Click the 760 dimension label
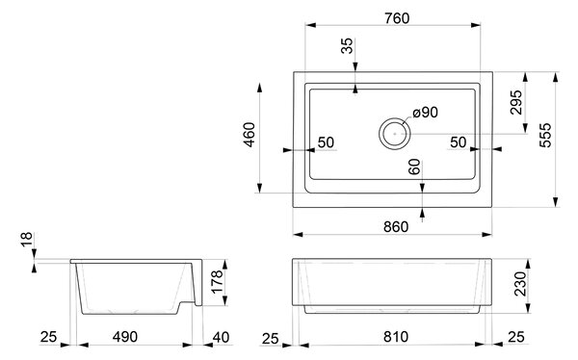tap(397, 18)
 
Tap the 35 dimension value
tap(347, 46)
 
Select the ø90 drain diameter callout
tap(426, 113)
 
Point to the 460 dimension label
tap(250, 135)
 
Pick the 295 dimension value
tap(516, 102)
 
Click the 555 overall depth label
tap(545, 135)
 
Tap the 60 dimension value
tap(414, 167)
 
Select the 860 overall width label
tap(396, 227)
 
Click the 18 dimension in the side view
tap(27, 240)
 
